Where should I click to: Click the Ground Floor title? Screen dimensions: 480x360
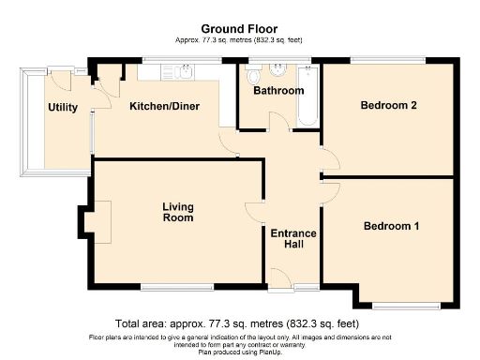239,29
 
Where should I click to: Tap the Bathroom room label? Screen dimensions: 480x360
278,91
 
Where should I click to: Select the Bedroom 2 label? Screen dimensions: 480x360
388,105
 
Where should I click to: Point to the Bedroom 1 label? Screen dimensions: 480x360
391,226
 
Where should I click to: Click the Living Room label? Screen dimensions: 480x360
178,212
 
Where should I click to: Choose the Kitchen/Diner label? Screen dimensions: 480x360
164,106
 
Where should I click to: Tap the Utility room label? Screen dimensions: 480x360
63,108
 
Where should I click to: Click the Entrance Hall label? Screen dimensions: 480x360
293,239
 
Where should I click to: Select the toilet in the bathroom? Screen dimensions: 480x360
253,74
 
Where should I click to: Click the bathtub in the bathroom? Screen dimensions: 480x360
308,96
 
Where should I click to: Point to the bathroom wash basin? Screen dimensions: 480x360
278,70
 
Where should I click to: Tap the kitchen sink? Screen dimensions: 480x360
186,72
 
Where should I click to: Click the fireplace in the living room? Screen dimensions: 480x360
97,222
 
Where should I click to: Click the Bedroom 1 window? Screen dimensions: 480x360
406,307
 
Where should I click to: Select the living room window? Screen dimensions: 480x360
177,288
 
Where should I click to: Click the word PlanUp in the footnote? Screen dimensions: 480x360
270,352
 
